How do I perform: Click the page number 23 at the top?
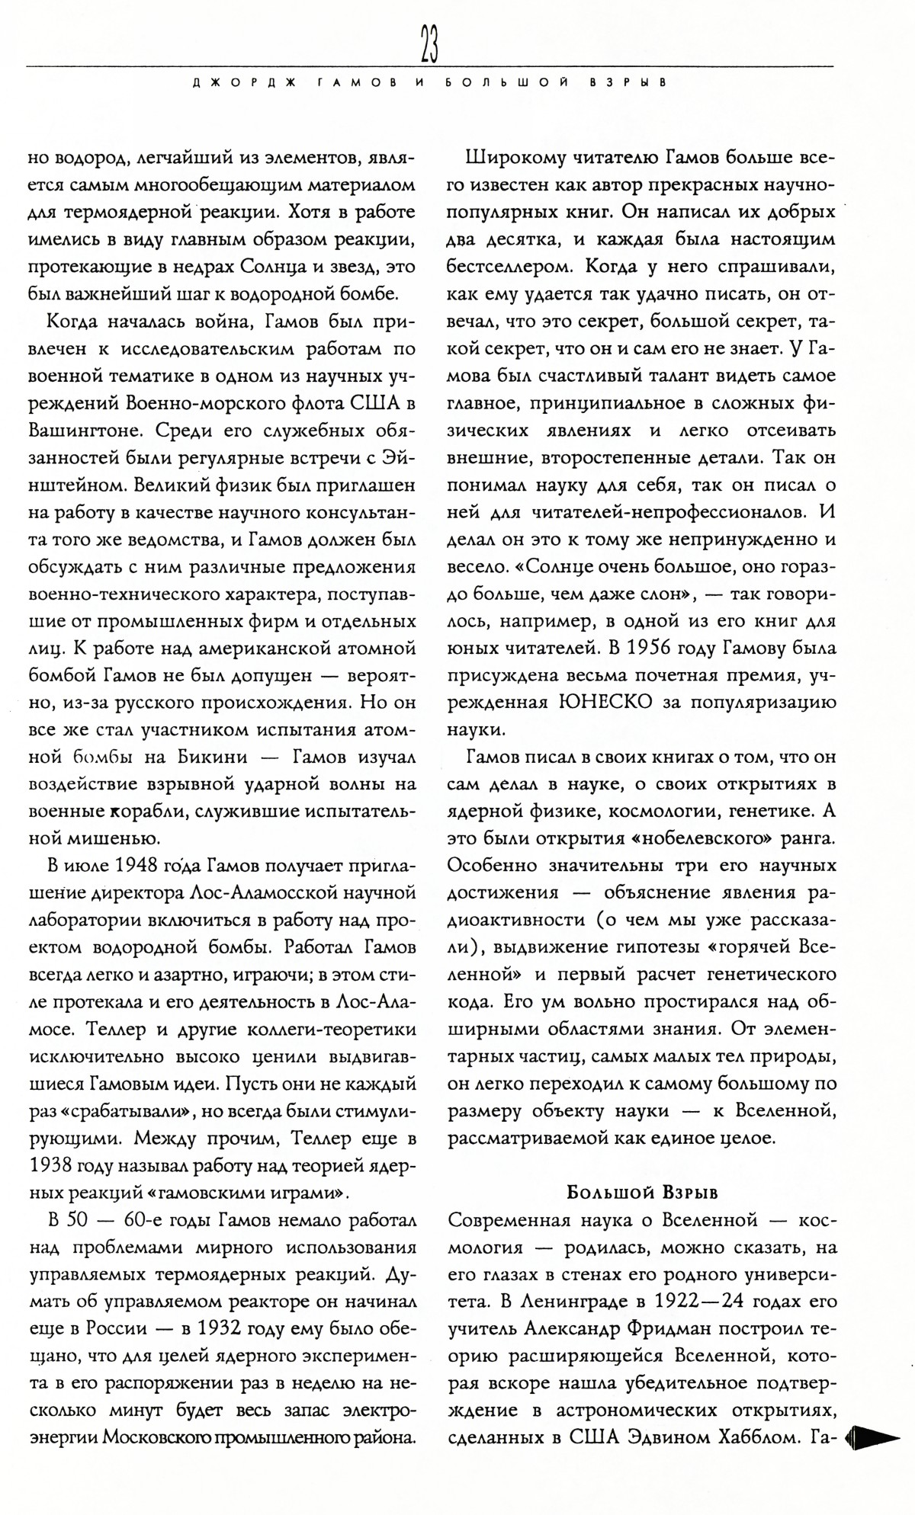pos(428,46)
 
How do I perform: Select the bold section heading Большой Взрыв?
pos(642,1191)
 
